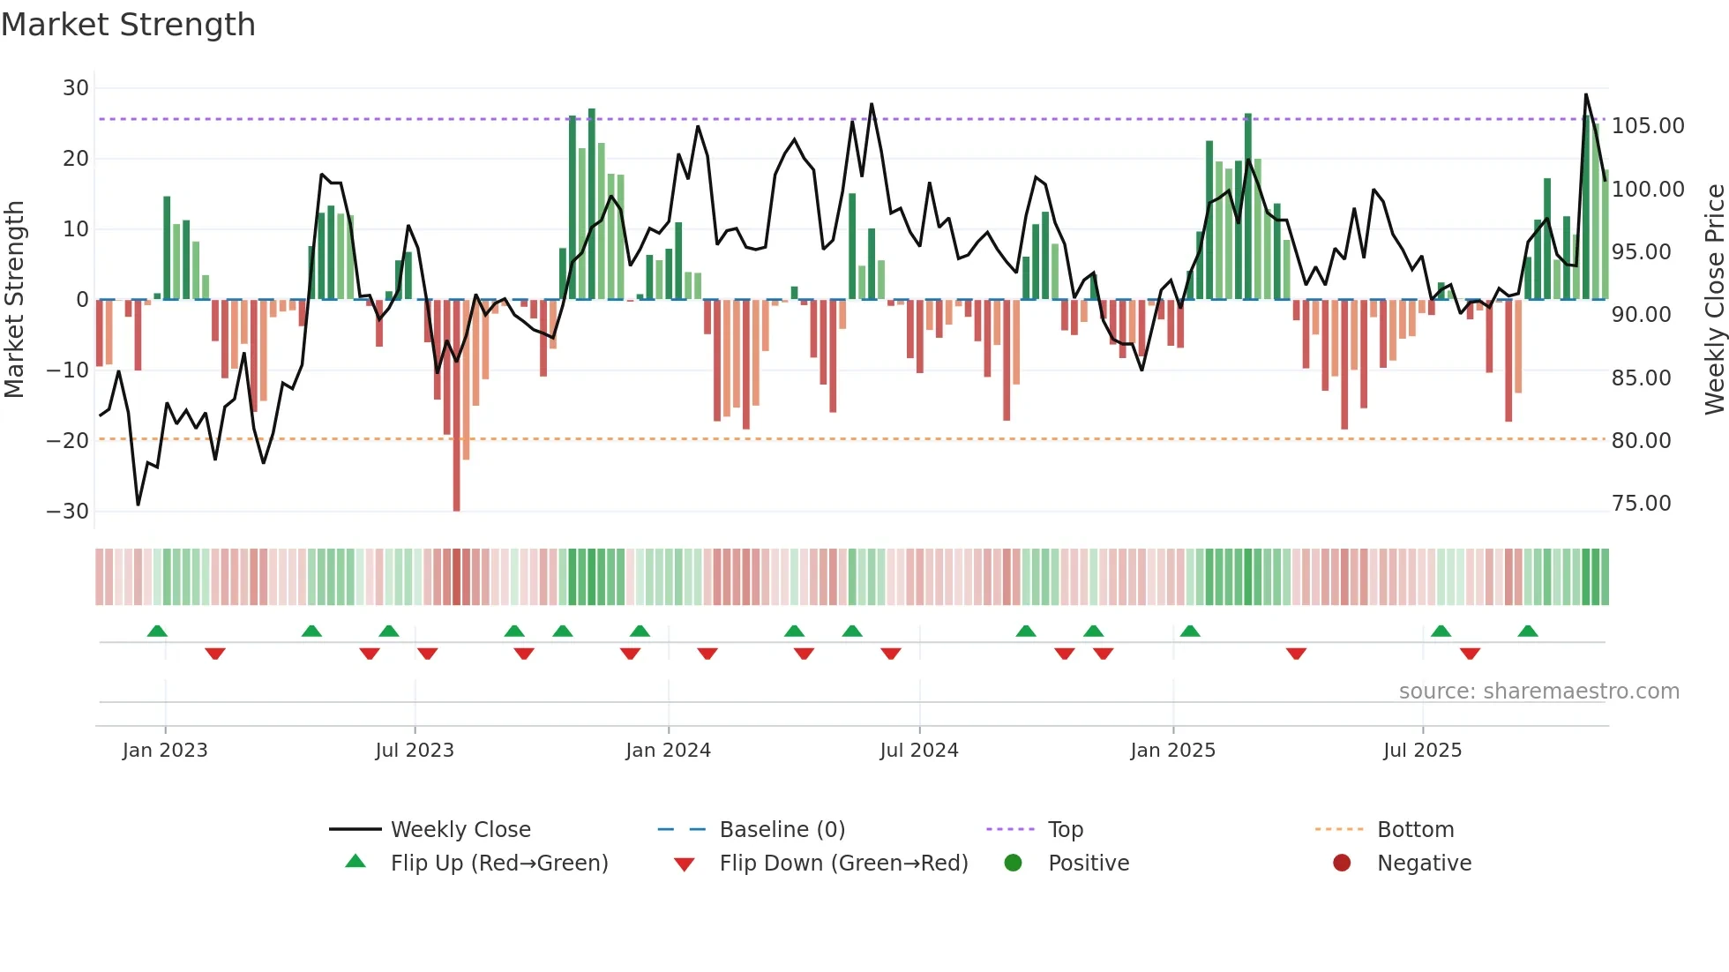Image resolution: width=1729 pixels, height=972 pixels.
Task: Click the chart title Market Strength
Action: [x=128, y=25]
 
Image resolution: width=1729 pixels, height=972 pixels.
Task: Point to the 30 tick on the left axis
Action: [x=76, y=88]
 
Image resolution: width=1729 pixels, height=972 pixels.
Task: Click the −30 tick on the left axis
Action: [x=69, y=512]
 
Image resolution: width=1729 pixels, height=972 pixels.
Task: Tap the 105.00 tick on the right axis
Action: [x=1648, y=126]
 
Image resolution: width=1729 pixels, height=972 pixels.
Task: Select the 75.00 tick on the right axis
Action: [x=1641, y=504]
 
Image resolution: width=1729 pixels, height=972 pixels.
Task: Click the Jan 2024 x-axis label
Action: [x=668, y=751]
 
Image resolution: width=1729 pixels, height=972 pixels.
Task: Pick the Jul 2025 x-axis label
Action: [x=1422, y=751]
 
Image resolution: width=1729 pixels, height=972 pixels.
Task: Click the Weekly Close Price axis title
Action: [x=1714, y=300]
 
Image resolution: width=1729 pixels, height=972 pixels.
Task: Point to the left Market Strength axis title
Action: [x=14, y=300]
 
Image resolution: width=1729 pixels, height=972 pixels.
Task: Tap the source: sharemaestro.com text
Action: [x=1538, y=692]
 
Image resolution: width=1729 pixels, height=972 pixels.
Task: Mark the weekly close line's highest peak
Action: [x=1586, y=94]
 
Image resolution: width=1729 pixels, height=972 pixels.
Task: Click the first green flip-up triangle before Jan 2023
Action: [x=157, y=631]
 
